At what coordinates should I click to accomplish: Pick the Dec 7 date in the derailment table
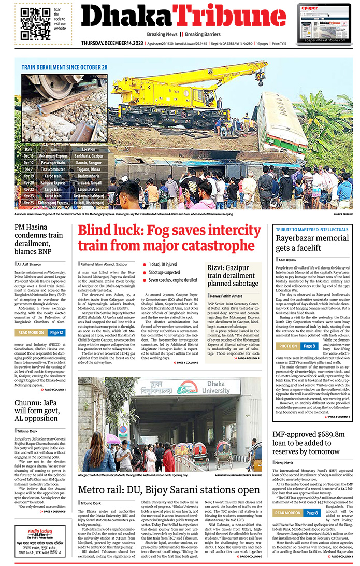[28, 169]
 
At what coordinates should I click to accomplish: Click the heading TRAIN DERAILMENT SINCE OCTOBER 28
[64, 67]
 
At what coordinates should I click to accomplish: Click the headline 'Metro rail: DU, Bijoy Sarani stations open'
[169, 490]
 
